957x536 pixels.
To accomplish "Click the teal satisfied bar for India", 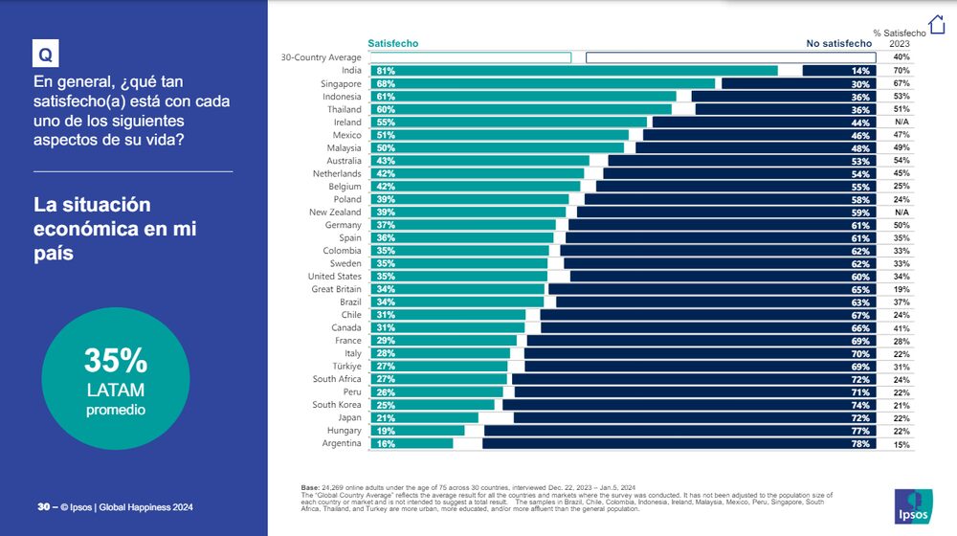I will [x=574, y=71].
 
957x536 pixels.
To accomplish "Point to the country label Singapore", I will [x=342, y=84].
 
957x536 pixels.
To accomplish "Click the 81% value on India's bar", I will [x=387, y=71].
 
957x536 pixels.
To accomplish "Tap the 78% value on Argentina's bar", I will [x=860, y=443].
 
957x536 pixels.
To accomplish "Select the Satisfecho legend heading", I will [x=393, y=43].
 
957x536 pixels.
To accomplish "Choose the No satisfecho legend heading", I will [x=838, y=43].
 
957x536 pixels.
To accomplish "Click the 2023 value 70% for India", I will [x=901, y=71].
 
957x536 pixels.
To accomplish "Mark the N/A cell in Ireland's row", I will [x=901, y=123].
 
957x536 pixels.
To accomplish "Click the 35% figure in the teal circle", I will [x=115, y=361].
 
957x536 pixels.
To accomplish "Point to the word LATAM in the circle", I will [x=115, y=390].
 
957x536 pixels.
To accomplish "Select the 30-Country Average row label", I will [x=321, y=57].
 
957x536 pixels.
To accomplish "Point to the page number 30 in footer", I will [x=42, y=507].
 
